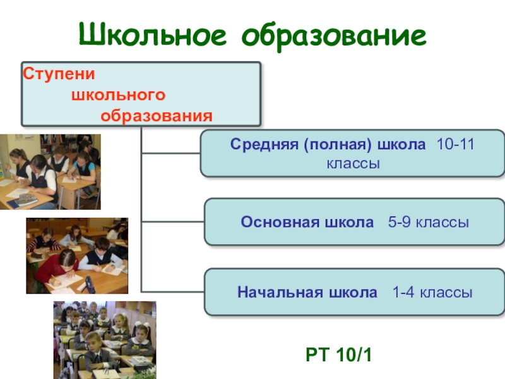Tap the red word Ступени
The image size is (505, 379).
(x=59, y=74)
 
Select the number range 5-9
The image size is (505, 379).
(x=401, y=222)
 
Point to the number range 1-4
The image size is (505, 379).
(x=404, y=292)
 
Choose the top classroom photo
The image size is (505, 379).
(x=50, y=172)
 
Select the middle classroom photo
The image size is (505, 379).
(x=76, y=256)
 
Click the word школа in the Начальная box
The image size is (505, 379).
(x=353, y=292)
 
